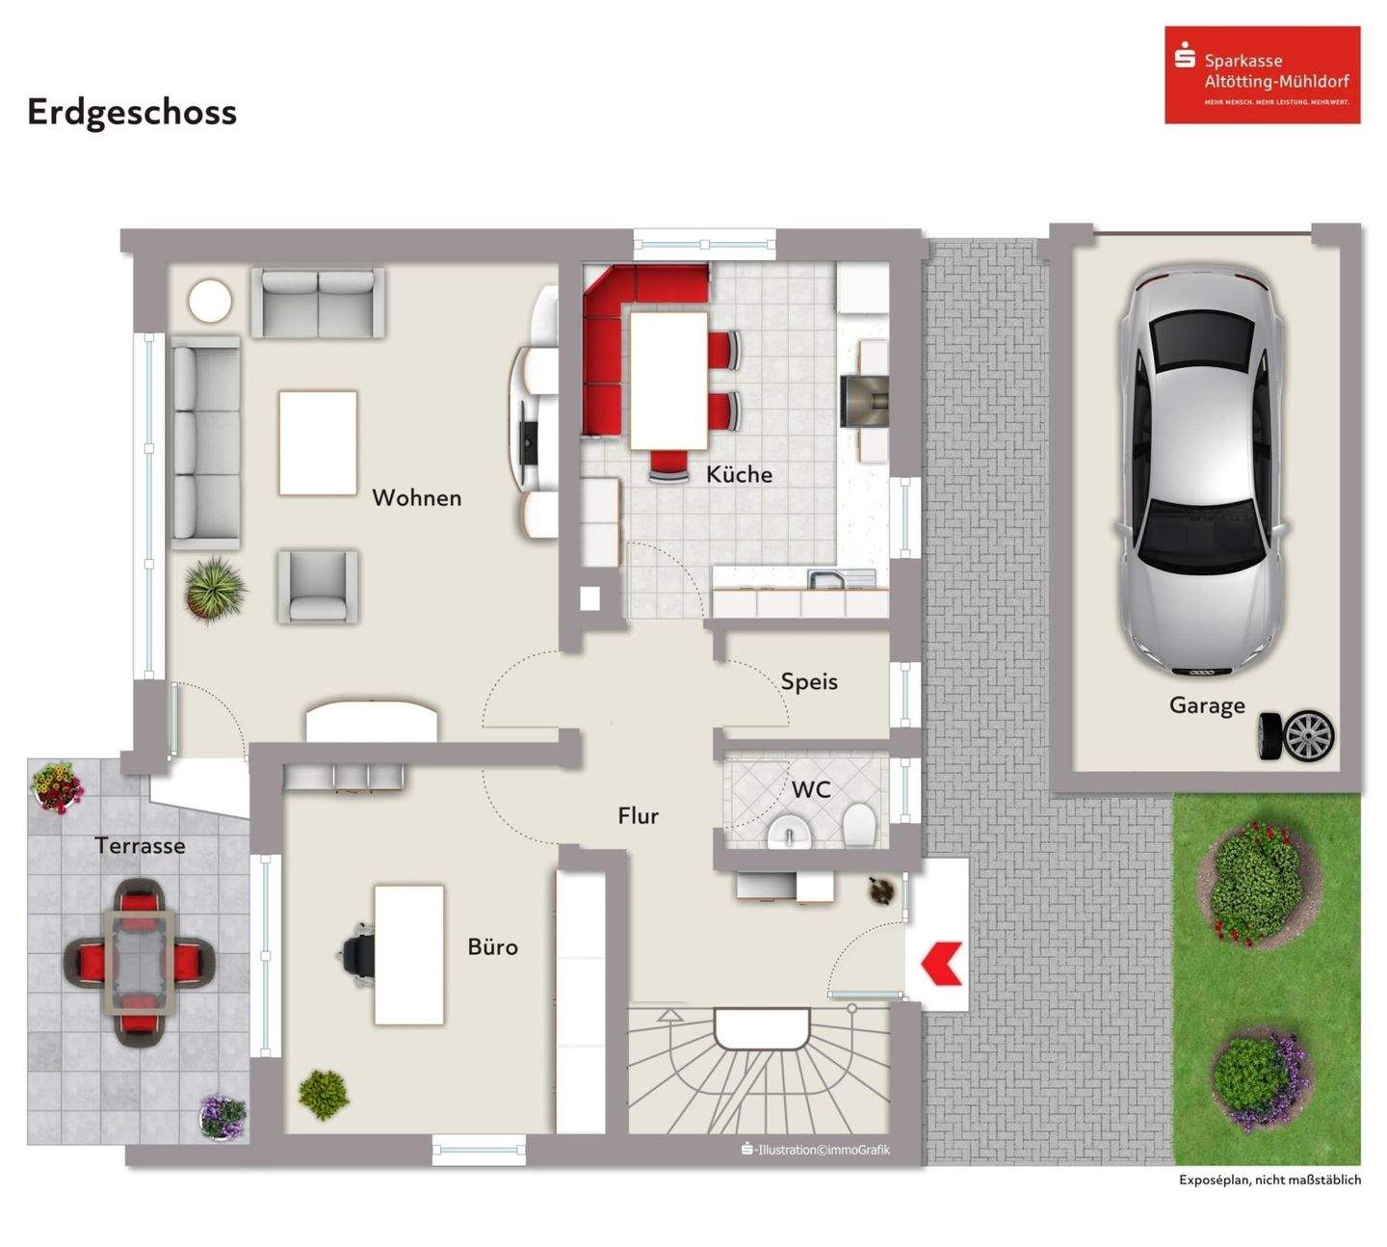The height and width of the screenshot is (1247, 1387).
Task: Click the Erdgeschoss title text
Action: click(132, 113)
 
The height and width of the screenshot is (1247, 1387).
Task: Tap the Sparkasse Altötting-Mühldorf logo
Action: click(1262, 75)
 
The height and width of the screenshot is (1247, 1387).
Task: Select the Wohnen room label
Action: click(416, 498)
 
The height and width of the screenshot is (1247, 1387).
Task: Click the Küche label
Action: click(739, 474)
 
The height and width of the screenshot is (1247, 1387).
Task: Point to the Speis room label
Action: click(809, 682)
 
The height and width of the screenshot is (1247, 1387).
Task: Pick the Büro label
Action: click(492, 947)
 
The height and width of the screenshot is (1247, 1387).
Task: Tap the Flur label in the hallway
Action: click(638, 816)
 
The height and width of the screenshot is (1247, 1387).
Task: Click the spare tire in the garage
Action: click(1298, 736)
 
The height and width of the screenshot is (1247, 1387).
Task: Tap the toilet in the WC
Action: click(859, 827)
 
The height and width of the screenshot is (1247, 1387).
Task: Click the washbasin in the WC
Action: click(791, 832)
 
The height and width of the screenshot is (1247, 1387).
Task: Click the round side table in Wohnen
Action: click(210, 302)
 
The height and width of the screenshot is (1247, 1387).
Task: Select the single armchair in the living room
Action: click(318, 586)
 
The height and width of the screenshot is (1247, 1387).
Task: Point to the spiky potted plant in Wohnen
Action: click(214, 588)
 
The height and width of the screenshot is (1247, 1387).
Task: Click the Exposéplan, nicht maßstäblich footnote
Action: click(1269, 1180)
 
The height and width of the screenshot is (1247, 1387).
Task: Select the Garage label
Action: click(1206, 705)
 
